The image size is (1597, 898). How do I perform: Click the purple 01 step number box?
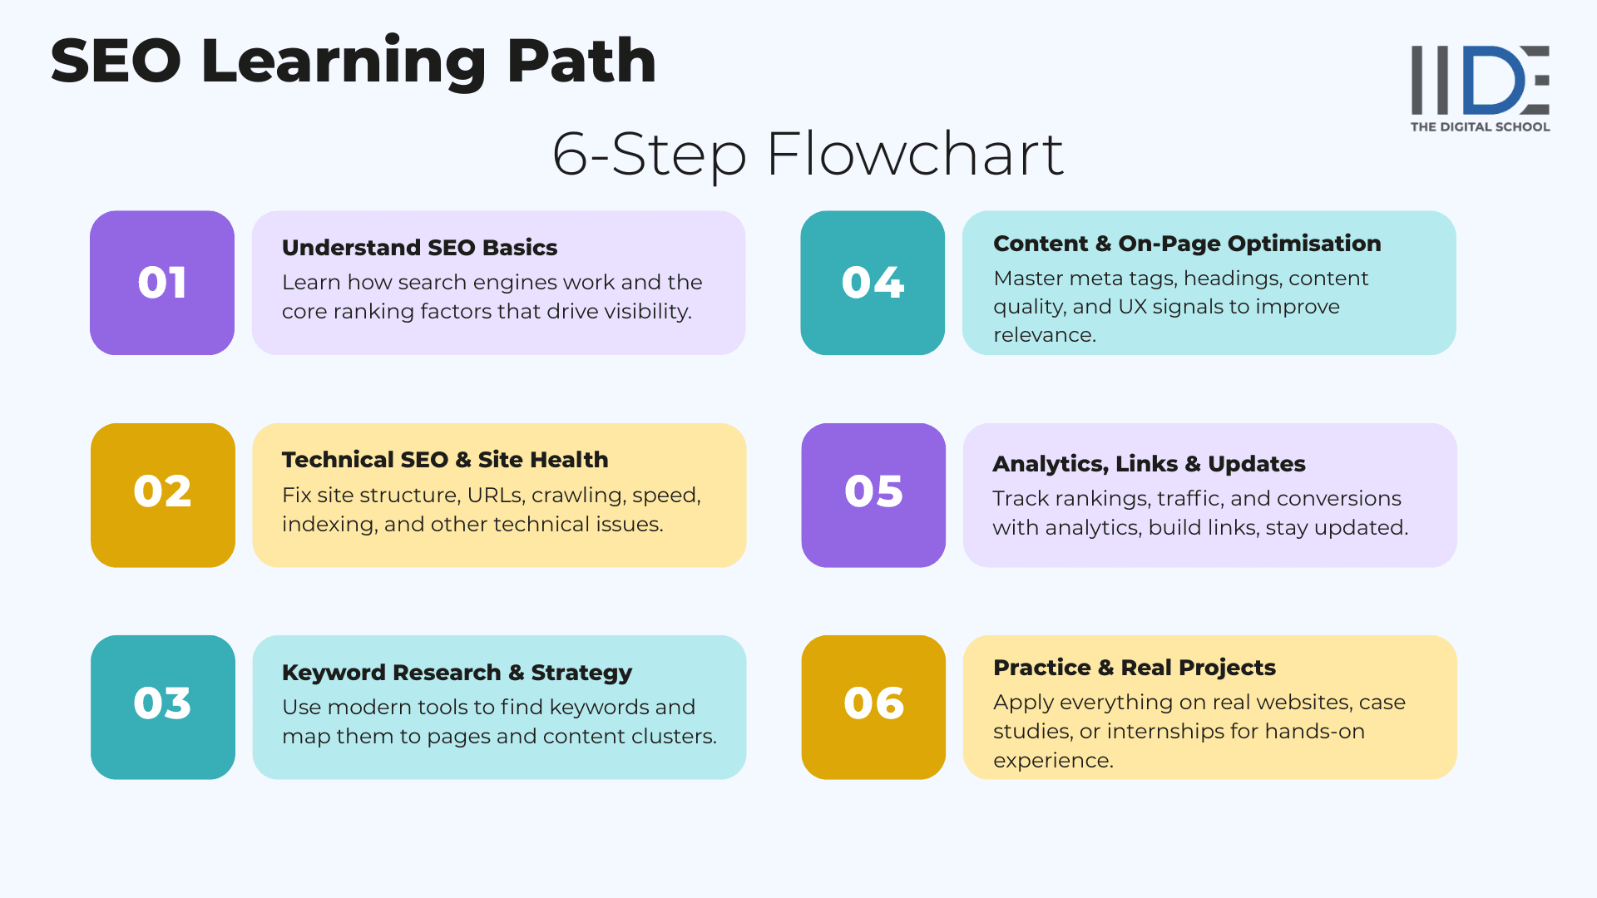click(x=162, y=283)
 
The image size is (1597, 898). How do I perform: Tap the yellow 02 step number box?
click(x=163, y=495)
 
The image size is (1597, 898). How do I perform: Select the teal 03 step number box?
click(x=163, y=707)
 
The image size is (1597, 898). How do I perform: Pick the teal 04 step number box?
click(x=873, y=283)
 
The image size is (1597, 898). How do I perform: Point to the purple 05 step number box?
click(x=873, y=495)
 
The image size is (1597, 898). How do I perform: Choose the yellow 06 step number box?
click(x=873, y=707)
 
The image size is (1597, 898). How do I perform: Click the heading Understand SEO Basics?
click(x=419, y=248)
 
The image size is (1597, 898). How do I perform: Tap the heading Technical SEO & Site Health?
click(x=445, y=460)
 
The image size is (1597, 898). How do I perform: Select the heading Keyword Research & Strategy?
click(x=457, y=672)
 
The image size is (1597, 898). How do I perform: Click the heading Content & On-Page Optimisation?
click(x=1187, y=244)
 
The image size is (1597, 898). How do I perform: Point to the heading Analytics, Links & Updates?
click(x=1149, y=464)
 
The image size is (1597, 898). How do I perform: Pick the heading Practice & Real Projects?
click(x=1134, y=668)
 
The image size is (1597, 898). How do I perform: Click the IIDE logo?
click(x=1480, y=80)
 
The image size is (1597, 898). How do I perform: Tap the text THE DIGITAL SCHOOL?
click(x=1480, y=127)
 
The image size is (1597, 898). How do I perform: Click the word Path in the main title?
click(x=581, y=62)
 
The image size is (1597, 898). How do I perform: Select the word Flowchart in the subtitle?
click(x=915, y=155)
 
